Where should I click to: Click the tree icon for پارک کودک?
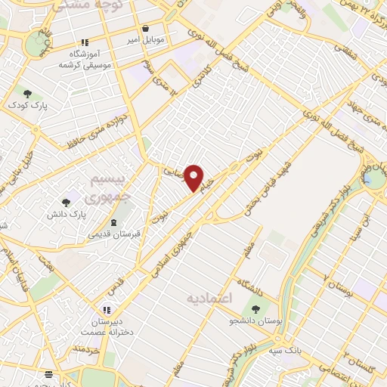pos(28,94)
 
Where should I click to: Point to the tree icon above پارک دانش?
pos(66,203)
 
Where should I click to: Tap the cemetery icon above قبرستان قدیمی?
pos(113,222)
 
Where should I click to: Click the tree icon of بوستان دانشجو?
pos(255,308)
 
